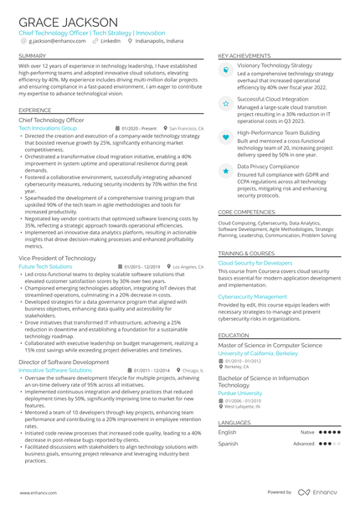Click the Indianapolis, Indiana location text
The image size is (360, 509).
coord(158,40)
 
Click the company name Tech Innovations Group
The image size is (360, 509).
coord(48,128)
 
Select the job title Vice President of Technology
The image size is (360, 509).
coord(58,259)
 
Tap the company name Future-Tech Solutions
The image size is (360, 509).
coord(45,266)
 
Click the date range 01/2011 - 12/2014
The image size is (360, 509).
coord(152,369)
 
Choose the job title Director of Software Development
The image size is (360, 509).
coord(62,362)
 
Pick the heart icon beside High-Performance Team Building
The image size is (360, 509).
coord(226,136)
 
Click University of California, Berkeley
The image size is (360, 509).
coord(258,353)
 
